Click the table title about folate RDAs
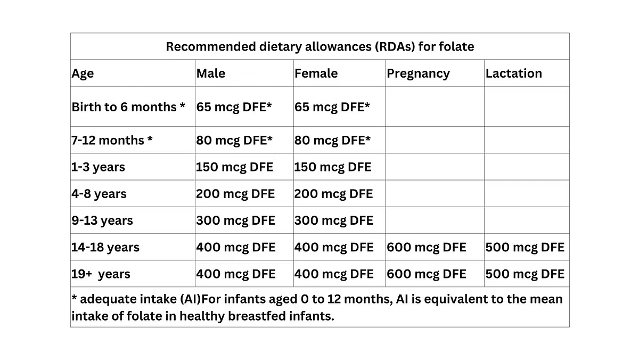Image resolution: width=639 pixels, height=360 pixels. [319, 47]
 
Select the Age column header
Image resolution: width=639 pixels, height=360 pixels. [83, 73]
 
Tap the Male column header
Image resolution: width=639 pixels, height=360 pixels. [211, 73]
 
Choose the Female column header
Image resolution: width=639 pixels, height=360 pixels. [316, 73]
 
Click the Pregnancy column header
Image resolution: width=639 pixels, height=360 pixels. [418, 73]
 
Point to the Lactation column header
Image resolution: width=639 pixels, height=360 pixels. [513, 73]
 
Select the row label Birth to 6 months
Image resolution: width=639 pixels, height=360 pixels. [128, 107]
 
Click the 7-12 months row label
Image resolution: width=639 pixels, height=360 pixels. [112, 140]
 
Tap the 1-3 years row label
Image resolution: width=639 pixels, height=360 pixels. [98, 167]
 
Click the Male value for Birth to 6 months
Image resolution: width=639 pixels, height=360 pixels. [234, 107]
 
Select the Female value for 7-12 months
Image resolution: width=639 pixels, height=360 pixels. [332, 140]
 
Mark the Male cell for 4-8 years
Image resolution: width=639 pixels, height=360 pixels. [235, 194]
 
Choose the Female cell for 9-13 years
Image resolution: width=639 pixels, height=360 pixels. [333, 220]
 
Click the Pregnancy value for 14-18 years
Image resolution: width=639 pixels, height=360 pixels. [426, 247]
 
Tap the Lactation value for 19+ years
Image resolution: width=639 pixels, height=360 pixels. [525, 274]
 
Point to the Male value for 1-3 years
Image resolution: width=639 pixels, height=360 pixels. [235, 167]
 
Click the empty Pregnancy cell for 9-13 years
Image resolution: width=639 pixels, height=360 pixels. [435, 220]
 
